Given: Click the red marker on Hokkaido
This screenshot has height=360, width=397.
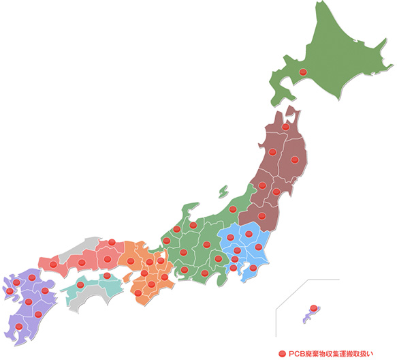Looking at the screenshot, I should point(304,73).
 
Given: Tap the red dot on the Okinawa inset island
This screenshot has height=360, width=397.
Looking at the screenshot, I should point(313,308).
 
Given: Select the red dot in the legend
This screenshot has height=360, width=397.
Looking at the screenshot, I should point(282,352).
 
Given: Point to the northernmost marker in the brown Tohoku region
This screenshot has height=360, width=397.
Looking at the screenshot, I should point(286,127).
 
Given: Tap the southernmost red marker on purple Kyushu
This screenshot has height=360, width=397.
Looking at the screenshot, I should point(19,327).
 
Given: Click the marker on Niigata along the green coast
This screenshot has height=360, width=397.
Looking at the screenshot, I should point(233,209).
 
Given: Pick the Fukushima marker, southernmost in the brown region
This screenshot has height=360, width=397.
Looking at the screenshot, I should point(262,216).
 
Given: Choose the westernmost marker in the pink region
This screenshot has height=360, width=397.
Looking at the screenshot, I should point(53,263).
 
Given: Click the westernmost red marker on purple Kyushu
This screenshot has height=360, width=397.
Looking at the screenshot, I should point(10,292).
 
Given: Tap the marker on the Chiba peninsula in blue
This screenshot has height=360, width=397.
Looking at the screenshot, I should point(253,268).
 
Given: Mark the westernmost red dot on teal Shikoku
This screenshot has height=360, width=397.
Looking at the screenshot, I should point(80,284).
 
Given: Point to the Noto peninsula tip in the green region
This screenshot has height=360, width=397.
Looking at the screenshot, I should point(195,205).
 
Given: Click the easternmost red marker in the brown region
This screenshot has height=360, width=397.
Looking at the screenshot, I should point(295,160).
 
